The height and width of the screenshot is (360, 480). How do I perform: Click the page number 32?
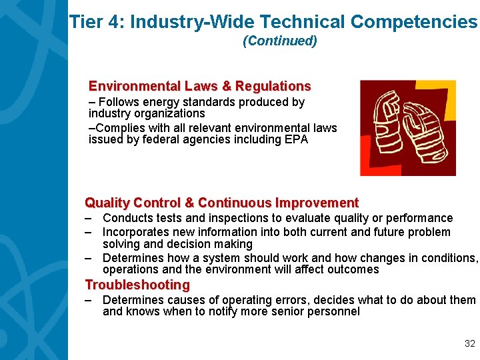point(469,344)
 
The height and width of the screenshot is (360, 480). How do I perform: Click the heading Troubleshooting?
point(137,285)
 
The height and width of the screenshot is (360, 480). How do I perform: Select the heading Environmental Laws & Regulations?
point(199,86)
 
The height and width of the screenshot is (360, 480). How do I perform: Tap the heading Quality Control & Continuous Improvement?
point(221,203)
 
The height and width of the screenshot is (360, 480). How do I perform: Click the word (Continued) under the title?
point(280,41)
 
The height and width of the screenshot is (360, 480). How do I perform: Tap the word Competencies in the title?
point(413,22)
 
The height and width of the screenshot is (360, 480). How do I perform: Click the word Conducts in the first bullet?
point(126,218)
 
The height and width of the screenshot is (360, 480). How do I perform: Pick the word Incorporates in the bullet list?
point(135,232)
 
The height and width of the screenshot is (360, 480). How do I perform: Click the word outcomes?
point(355,269)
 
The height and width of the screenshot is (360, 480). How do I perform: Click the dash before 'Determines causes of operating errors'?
point(88,300)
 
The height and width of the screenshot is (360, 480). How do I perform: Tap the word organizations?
point(169,113)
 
